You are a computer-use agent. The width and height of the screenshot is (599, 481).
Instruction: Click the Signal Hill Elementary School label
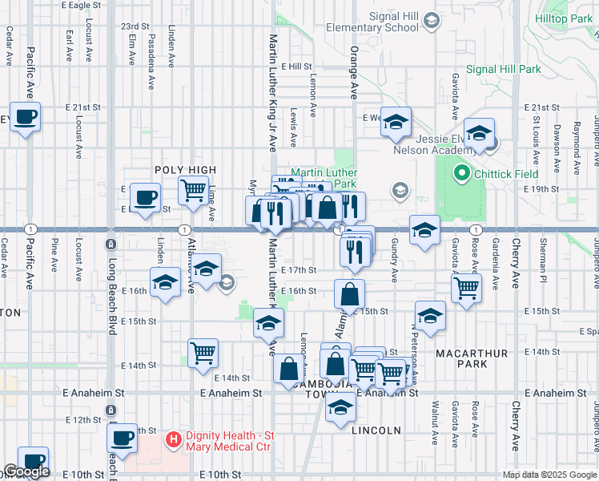click(393, 22)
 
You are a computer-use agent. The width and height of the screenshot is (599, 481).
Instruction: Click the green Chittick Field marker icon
click(461, 172)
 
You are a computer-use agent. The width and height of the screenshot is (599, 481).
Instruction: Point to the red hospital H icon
click(171, 439)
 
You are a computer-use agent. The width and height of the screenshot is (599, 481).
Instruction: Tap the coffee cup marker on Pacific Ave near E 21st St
click(25, 117)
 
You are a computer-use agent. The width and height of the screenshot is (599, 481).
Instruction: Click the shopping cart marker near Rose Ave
click(466, 287)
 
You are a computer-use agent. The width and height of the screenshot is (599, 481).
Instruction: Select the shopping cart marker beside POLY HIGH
click(193, 192)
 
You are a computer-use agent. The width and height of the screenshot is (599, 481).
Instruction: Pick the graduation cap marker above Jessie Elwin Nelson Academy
click(479, 133)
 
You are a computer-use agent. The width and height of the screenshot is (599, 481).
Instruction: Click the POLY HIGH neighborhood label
click(185, 170)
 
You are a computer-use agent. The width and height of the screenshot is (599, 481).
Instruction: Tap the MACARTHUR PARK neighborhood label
click(462, 358)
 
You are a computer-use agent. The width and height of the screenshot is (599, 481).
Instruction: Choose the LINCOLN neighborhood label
click(376, 430)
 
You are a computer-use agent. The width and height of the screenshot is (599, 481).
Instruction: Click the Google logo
click(26, 472)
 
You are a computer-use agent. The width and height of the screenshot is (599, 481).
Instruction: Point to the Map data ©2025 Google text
click(549, 475)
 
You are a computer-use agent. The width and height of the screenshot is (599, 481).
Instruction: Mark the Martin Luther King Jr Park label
click(324, 178)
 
